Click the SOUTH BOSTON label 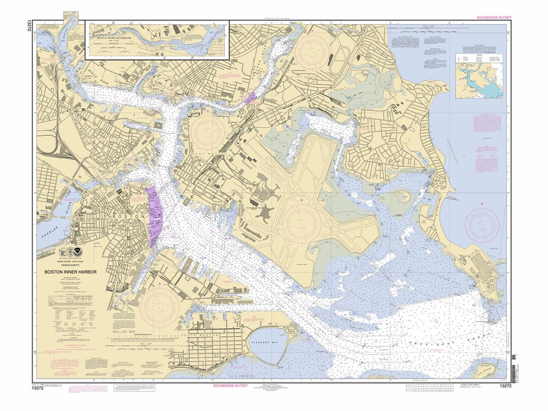[202, 336]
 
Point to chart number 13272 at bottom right [505, 386]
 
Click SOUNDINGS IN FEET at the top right [494, 17]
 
